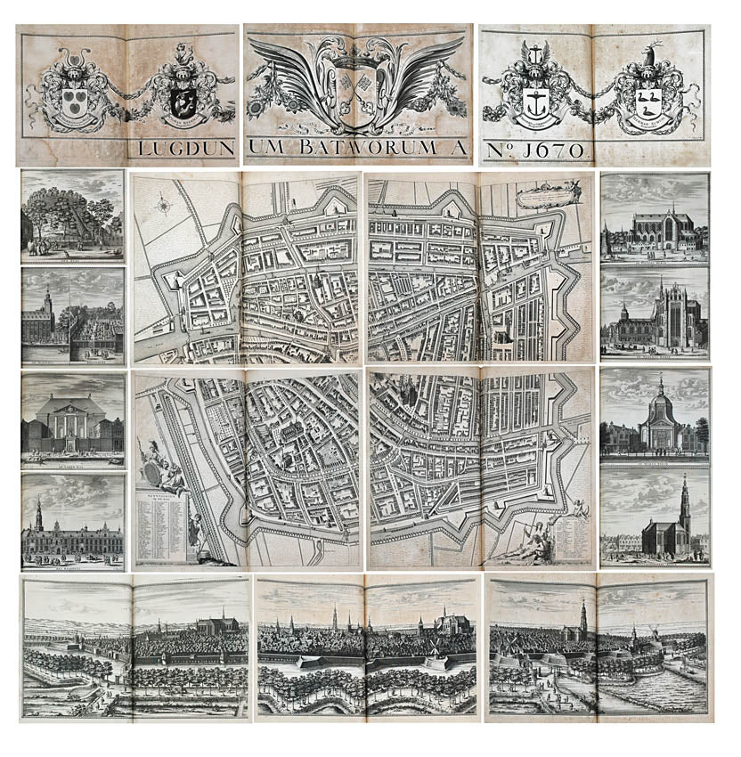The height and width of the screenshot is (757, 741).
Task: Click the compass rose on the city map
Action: (x=163, y=206)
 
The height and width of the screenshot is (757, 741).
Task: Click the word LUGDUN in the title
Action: (x=183, y=148)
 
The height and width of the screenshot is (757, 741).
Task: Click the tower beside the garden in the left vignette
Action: (x=45, y=301)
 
